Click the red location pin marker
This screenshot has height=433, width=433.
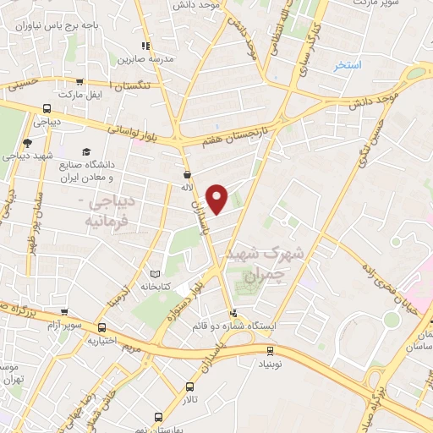tap(218, 198)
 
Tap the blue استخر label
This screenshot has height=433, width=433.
tap(347, 65)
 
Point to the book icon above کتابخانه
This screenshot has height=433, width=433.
tap(154, 274)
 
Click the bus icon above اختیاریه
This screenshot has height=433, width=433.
tap(102, 327)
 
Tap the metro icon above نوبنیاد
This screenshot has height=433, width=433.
tap(270, 351)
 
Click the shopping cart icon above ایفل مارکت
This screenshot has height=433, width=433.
tap(79, 83)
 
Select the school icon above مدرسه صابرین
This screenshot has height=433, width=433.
tap(145, 46)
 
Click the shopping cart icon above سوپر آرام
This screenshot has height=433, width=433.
tap(63, 310)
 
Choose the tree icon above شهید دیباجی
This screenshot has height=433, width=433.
tap(27, 143)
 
